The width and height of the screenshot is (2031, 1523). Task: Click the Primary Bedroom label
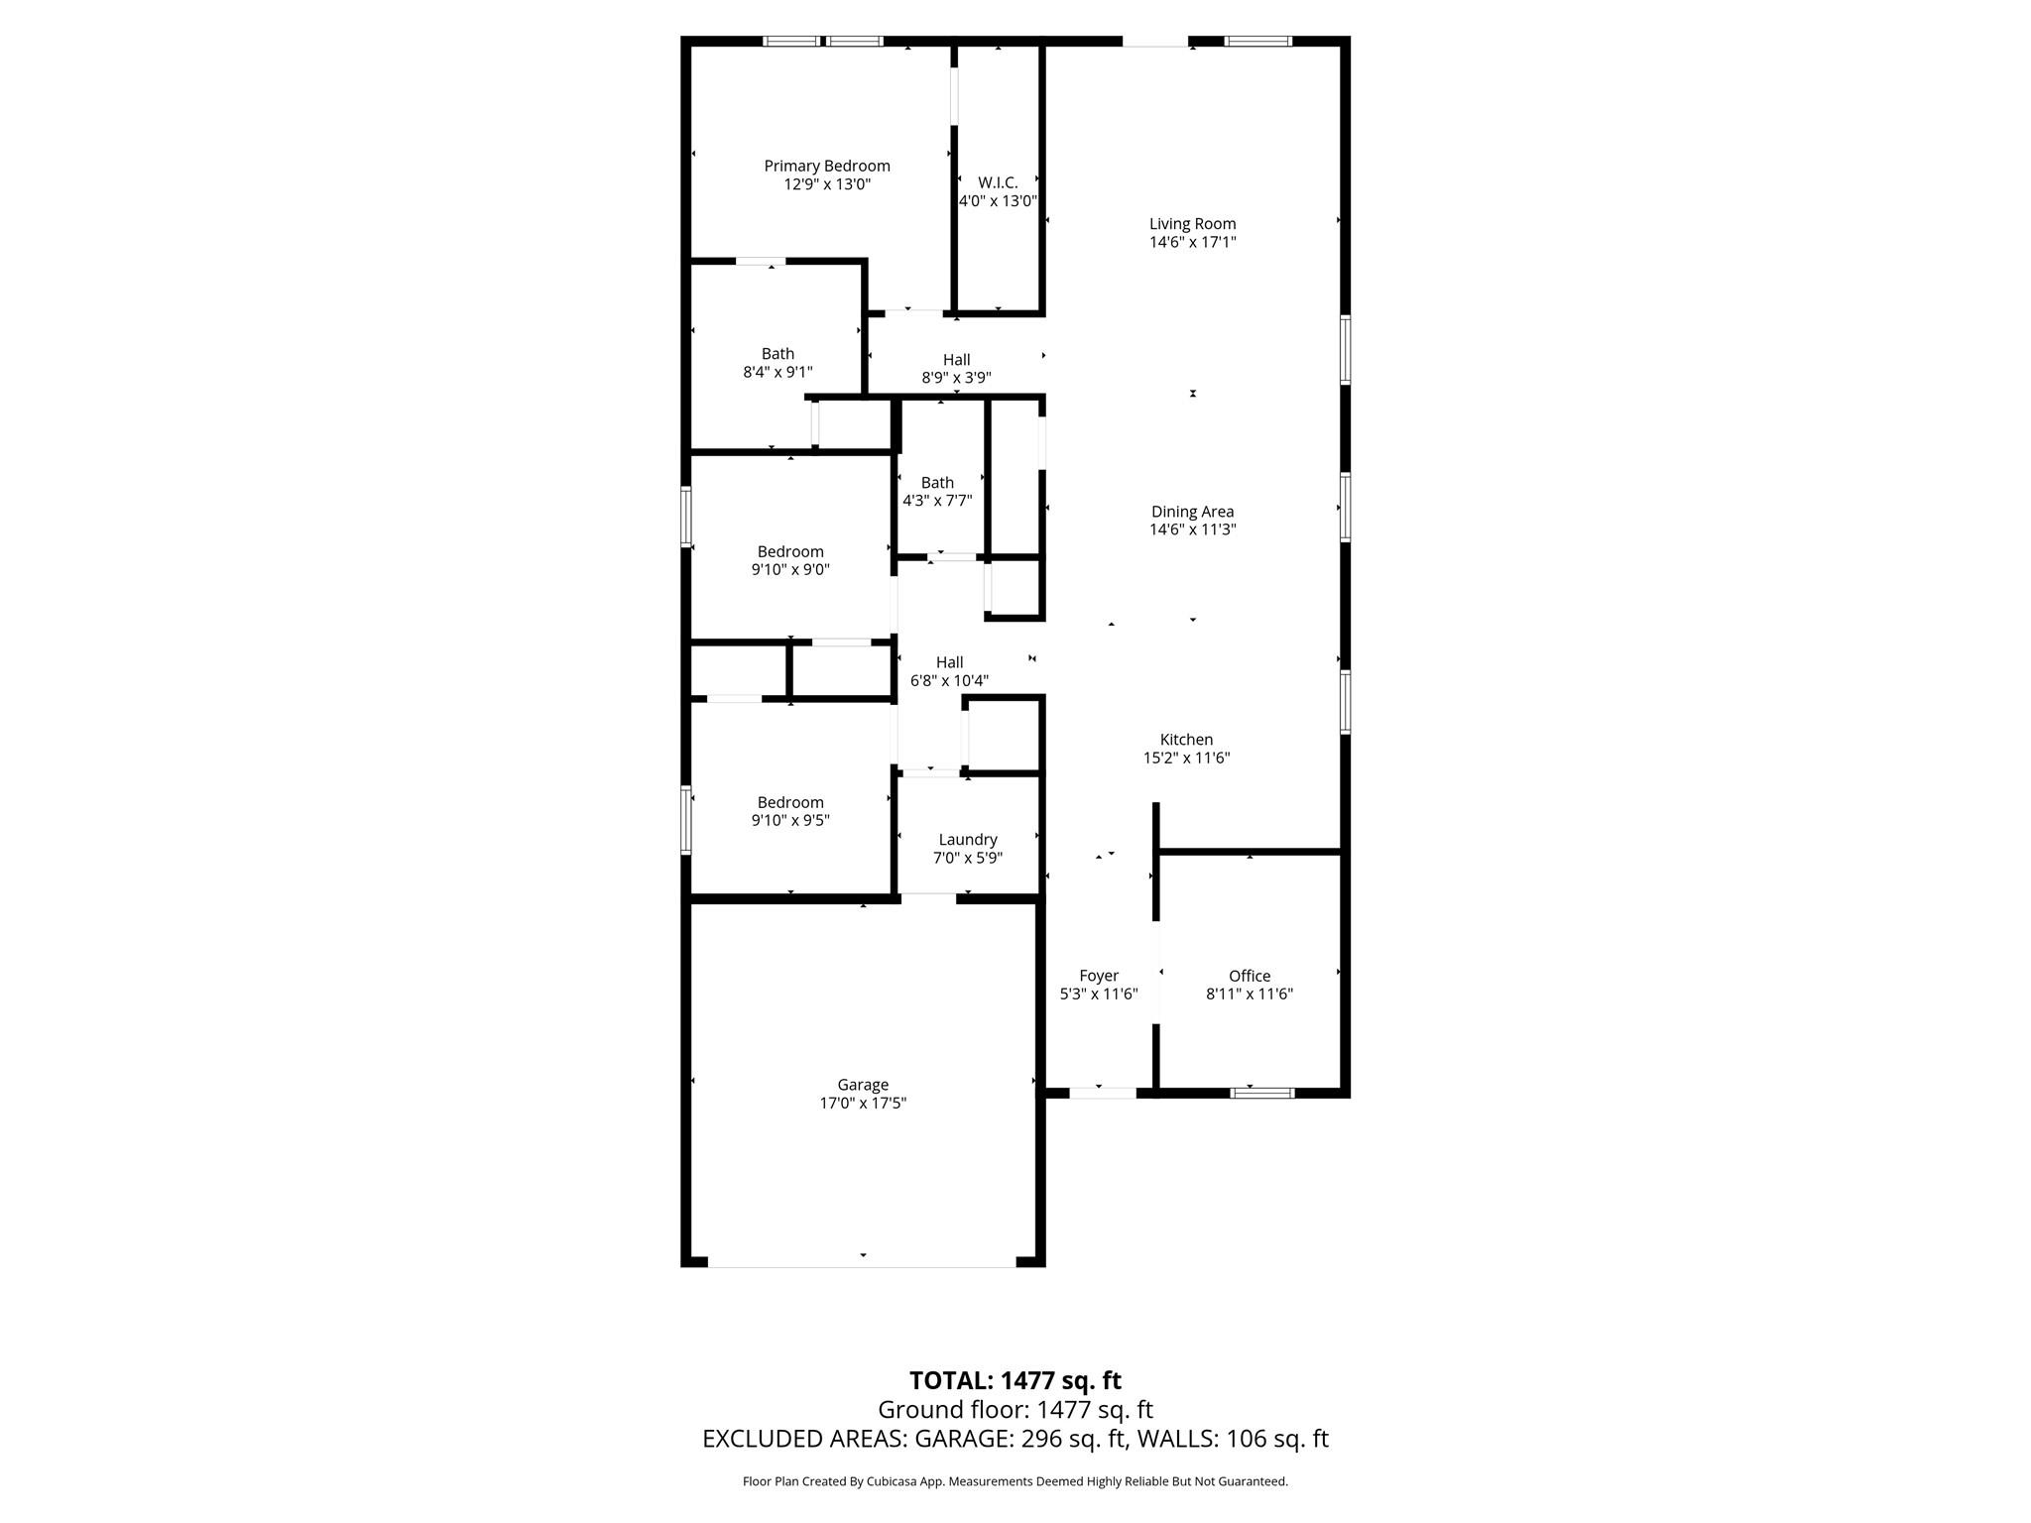826,166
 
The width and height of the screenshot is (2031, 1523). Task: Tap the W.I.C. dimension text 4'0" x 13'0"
998,200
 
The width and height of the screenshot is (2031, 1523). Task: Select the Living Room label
1192,224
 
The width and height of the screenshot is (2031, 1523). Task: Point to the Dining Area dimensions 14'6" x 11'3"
1192,529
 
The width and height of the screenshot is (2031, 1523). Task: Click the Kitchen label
1186,740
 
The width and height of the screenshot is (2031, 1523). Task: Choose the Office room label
1249,976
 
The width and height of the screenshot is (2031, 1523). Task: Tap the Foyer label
1098,976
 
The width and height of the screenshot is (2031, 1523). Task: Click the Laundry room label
967,840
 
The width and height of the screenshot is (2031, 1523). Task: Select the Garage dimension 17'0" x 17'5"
862,1103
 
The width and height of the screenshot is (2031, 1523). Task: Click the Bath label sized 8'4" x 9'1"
777,354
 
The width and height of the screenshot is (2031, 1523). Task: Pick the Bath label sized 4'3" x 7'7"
936,483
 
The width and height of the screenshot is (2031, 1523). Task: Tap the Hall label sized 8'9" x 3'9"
956,360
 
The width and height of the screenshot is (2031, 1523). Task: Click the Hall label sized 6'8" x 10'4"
949,662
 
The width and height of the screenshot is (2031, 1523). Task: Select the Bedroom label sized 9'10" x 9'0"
790,552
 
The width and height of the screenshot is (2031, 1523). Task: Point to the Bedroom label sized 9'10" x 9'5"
790,803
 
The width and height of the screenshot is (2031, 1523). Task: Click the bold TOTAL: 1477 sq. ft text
1015,1380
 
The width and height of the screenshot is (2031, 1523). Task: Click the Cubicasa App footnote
1015,1481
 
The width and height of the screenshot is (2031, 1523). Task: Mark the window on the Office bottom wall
1261,1093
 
